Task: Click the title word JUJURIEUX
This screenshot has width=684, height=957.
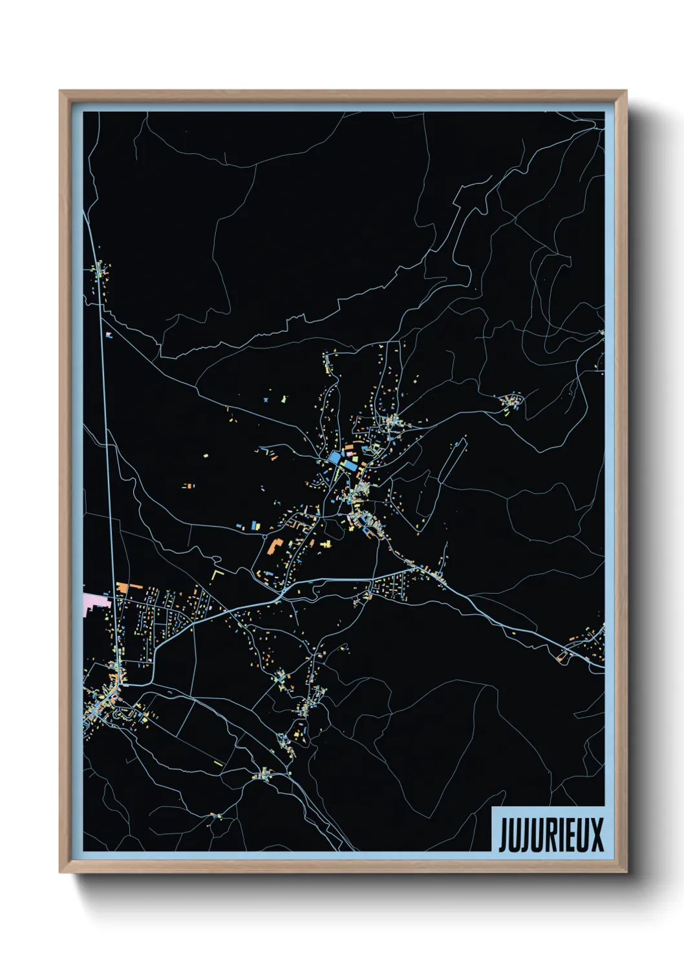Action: tap(551, 834)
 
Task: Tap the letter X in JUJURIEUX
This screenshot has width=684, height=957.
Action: tap(595, 834)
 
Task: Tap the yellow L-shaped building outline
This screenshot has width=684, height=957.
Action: tap(217, 574)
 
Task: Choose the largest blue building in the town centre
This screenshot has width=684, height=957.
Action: tap(335, 458)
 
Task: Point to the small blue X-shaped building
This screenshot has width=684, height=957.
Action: tap(266, 400)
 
